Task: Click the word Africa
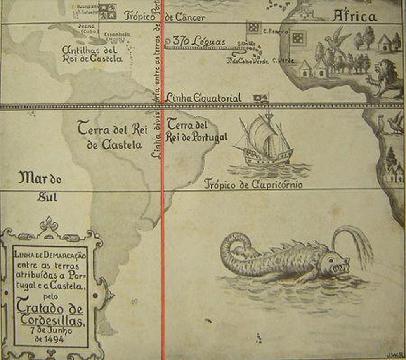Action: pos(354,17)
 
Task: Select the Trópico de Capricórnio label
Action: pos(253,184)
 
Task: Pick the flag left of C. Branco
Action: pos(253,28)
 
